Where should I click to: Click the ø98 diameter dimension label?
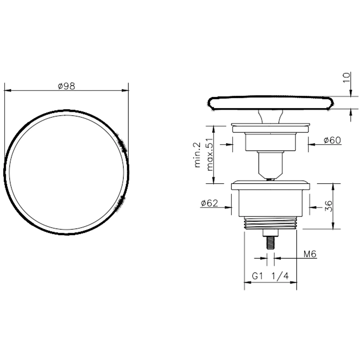[66, 86]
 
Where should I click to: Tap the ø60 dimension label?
[332, 140]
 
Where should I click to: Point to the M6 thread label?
[310, 255]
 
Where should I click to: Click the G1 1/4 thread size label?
[270, 276]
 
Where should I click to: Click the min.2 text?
[197, 155]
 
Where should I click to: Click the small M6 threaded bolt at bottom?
[270, 242]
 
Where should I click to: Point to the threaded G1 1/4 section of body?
[270, 223]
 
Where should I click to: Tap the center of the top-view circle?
[66, 172]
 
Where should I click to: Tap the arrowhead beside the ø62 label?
[228, 207]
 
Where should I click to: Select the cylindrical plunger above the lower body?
[270, 164]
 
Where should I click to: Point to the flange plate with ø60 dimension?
[270, 128]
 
